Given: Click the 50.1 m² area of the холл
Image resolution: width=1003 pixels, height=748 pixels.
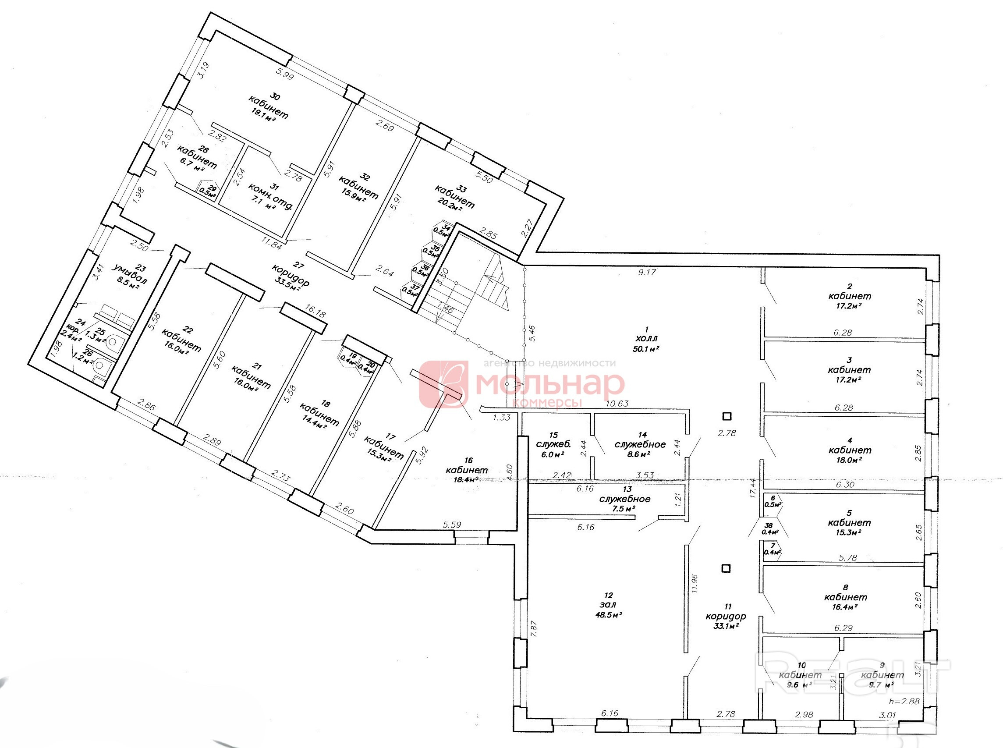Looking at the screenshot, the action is tap(646, 349).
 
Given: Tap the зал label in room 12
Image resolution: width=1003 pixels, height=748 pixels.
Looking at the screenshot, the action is tap(608, 604).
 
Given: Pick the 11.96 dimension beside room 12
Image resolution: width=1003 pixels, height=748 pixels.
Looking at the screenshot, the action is tap(695, 583).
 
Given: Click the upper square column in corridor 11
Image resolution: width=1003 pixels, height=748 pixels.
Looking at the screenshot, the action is tap(727, 416).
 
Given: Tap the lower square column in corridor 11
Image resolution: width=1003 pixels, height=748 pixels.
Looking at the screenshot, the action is tap(726, 568).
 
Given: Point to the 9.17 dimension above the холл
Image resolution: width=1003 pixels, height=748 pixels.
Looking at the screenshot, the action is tap(647, 272).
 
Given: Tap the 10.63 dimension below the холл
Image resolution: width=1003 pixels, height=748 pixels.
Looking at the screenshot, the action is tap(617, 404).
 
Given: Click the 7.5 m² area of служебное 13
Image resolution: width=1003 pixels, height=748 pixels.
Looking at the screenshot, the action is tap(624, 508).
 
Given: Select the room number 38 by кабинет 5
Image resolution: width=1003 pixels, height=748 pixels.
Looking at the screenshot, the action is tap(769, 525).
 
